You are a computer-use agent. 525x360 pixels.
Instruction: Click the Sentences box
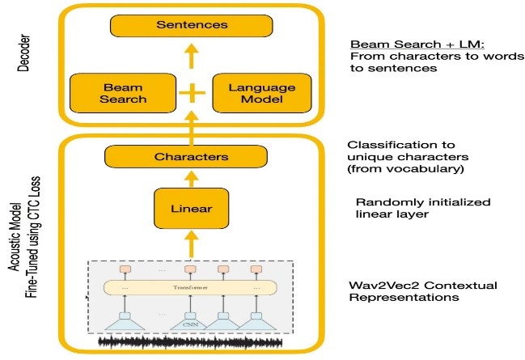click(193, 26)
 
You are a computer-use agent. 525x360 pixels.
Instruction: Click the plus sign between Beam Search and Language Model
click(193, 94)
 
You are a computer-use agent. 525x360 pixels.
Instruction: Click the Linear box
click(193, 209)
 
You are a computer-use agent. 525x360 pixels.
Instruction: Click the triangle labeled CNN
click(192, 324)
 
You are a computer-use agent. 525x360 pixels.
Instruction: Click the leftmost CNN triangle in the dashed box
click(125, 323)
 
